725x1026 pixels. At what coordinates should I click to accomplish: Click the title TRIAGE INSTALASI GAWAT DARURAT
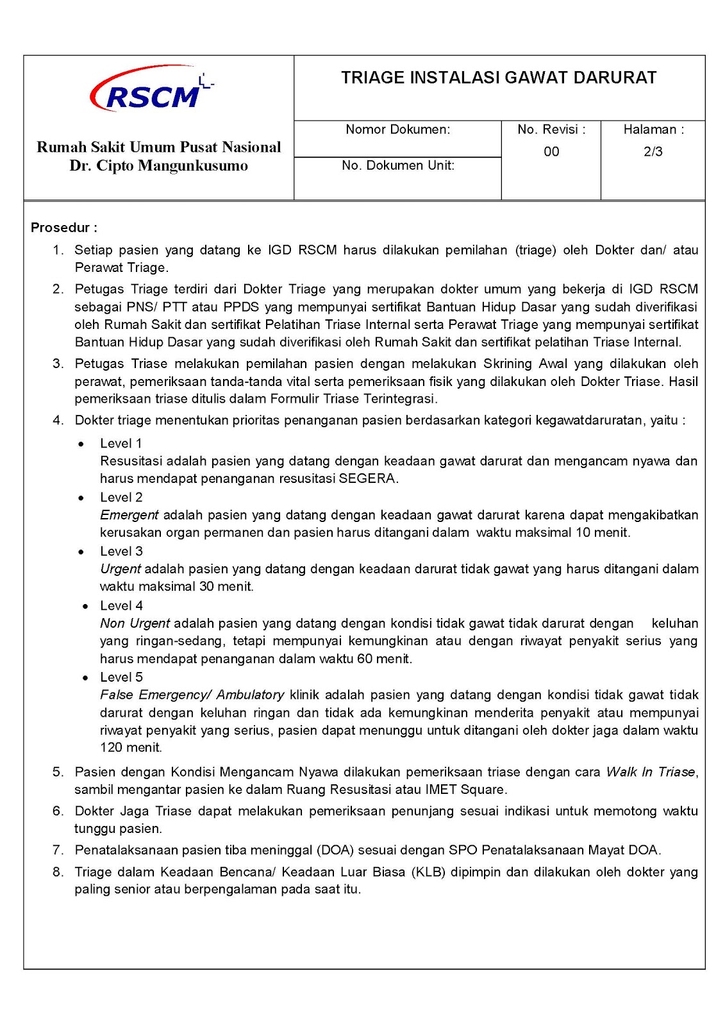pos(498,78)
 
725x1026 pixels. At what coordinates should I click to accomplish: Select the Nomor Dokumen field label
pos(397,130)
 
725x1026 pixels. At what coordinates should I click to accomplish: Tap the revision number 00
pos(551,152)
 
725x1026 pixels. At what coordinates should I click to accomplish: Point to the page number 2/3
pos(653,152)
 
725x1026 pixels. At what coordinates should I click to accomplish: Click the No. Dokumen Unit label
pos(397,165)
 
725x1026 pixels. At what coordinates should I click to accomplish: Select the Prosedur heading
pos(63,228)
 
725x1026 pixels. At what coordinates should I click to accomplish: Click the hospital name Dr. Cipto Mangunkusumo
pos(158,166)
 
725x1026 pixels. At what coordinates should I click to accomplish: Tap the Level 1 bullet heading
pos(121,443)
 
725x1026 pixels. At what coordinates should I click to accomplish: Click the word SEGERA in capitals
pos(367,478)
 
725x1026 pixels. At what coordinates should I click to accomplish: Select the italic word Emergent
pos(129,515)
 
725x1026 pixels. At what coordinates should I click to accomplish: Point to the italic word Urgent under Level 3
pos(120,569)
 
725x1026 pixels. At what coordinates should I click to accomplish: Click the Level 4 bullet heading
pos(121,605)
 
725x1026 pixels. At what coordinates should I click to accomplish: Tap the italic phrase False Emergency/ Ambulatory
pos(192,694)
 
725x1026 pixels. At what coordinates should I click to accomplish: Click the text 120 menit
pos(131,748)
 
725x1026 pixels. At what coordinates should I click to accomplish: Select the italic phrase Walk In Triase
pos(651,772)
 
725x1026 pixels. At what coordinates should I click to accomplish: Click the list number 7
pos(58,850)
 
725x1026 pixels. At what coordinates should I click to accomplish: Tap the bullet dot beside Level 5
pos(85,678)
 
